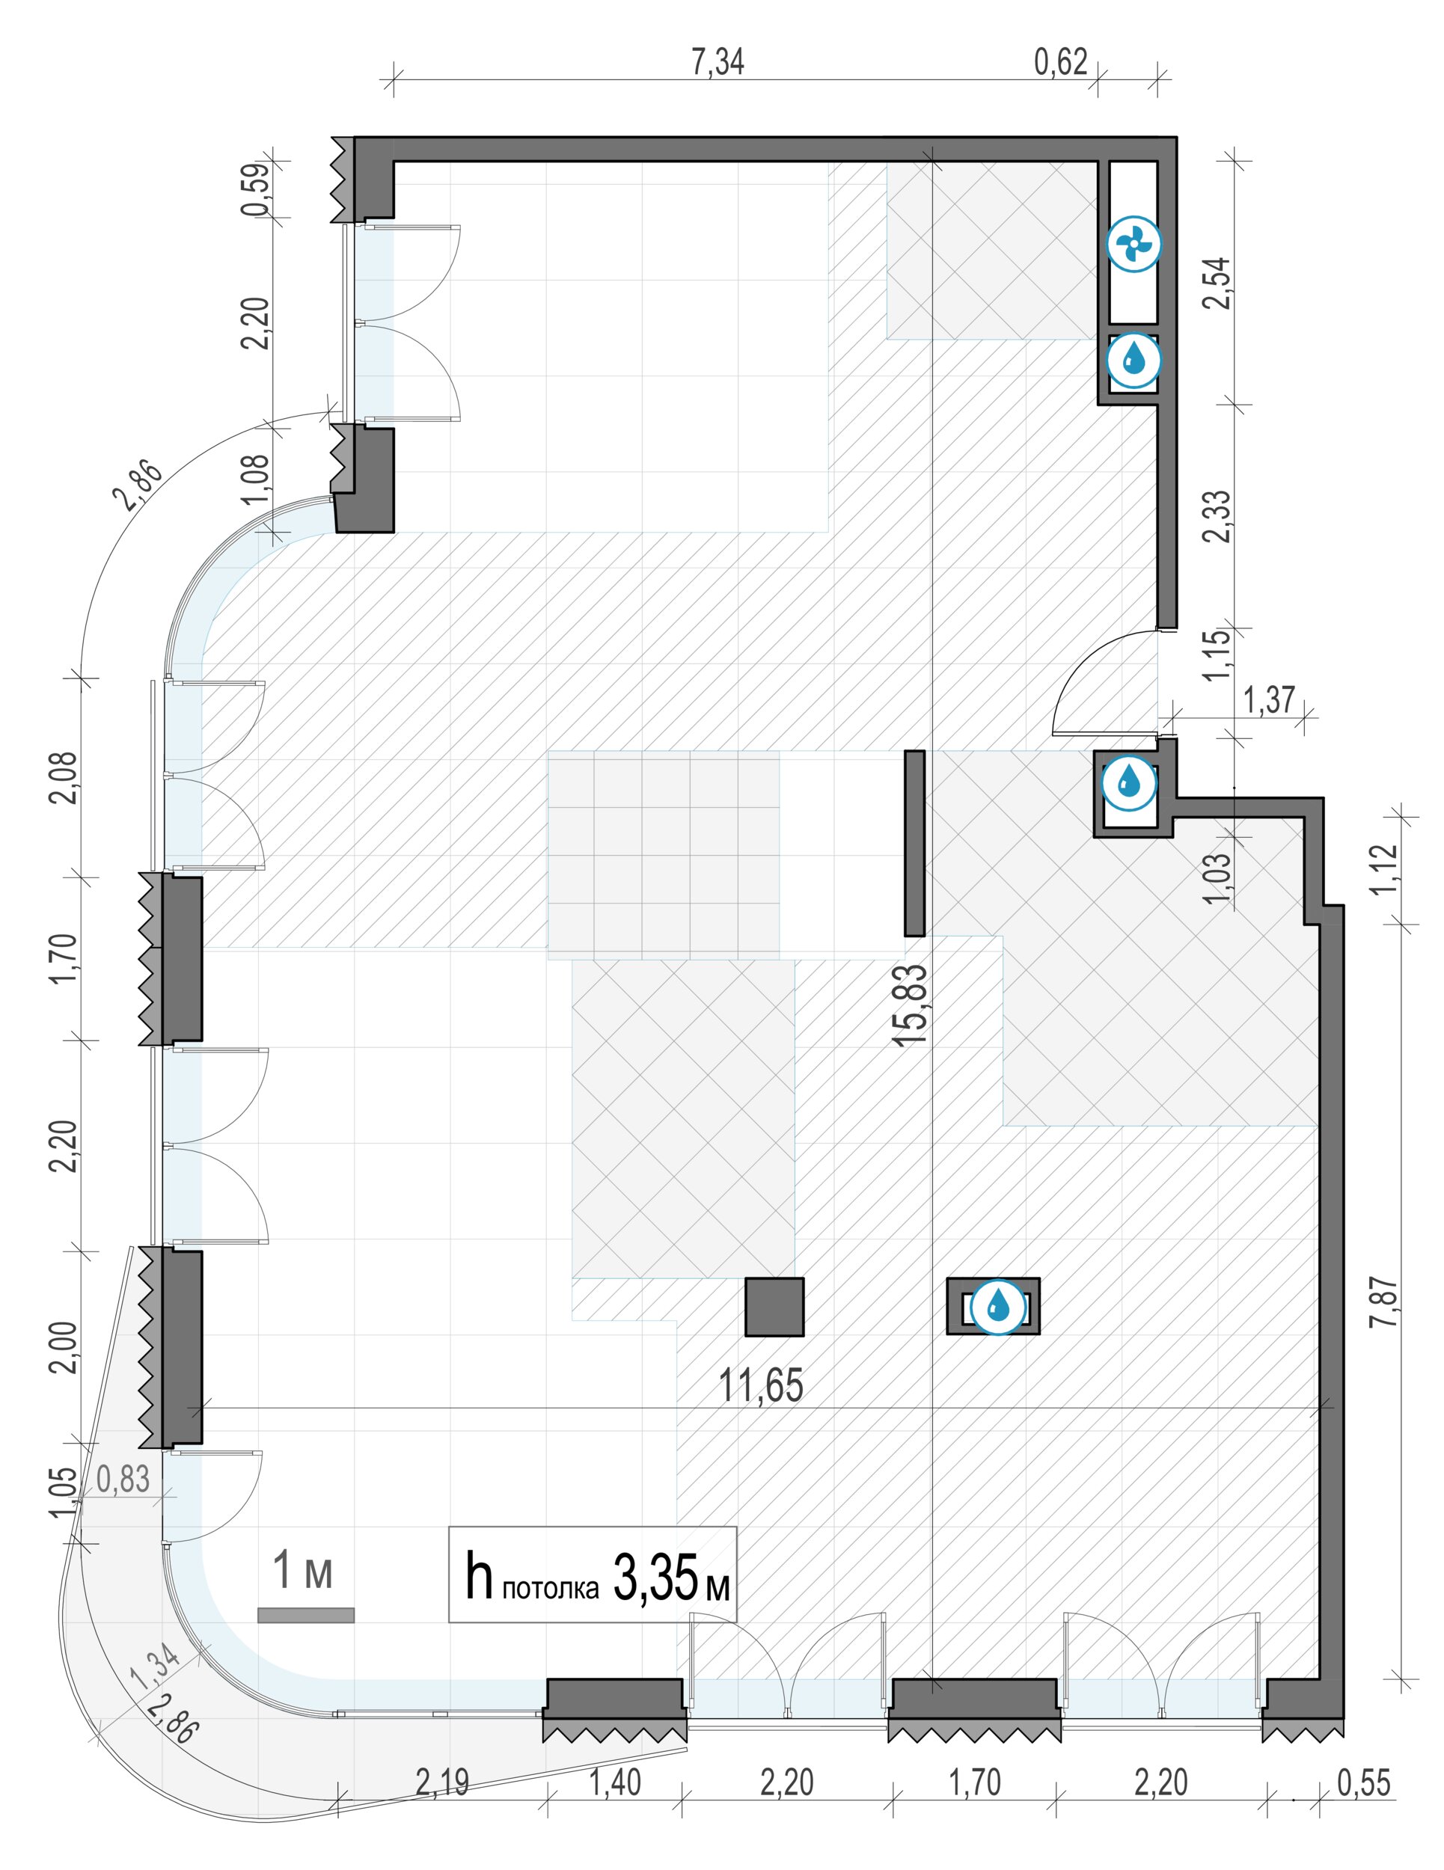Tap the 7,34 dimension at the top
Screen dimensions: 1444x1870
click(718, 61)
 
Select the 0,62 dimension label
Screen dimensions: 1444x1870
click(1060, 61)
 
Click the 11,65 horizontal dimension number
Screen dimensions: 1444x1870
click(761, 1385)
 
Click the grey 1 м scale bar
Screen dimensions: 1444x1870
click(306, 1615)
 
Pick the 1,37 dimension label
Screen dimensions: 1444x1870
click(1268, 699)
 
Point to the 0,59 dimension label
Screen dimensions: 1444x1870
click(256, 190)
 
